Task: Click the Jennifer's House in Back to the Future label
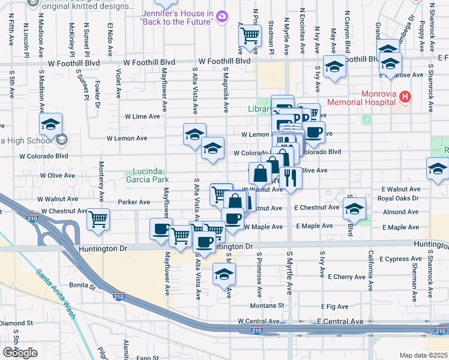click(176, 17)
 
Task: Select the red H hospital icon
click(405, 96)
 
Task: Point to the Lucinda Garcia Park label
click(147, 175)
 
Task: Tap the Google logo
click(20, 353)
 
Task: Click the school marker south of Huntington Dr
click(224, 274)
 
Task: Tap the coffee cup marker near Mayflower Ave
click(161, 229)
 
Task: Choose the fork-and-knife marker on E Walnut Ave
click(291, 178)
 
